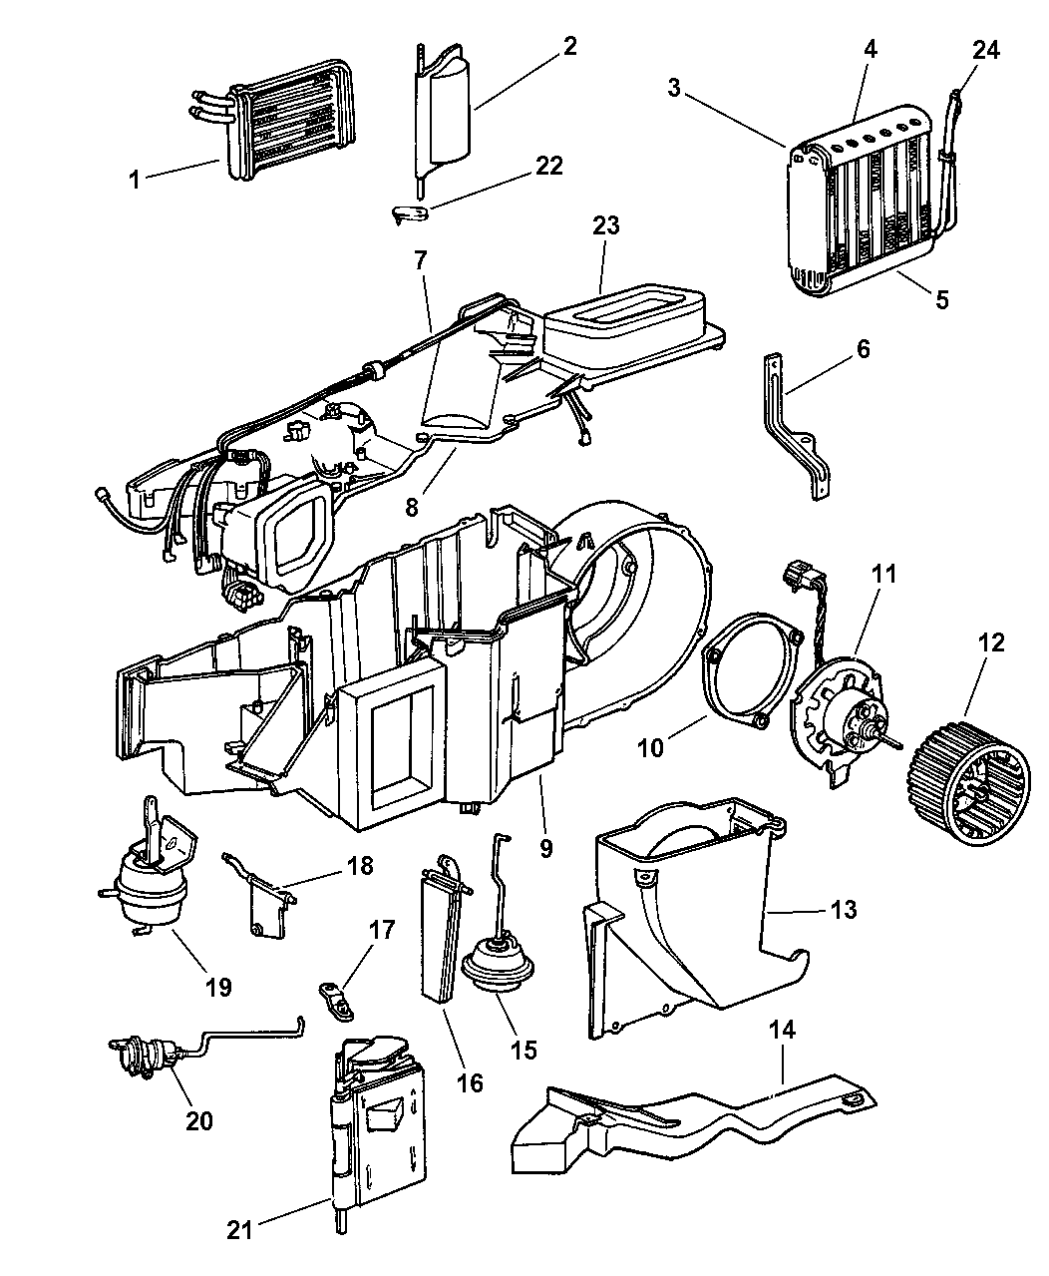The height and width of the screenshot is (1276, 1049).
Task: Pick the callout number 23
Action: (x=605, y=225)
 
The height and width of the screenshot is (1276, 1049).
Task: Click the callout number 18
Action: (x=360, y=865)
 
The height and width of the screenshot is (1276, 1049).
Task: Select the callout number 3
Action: (x=675, y=88)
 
